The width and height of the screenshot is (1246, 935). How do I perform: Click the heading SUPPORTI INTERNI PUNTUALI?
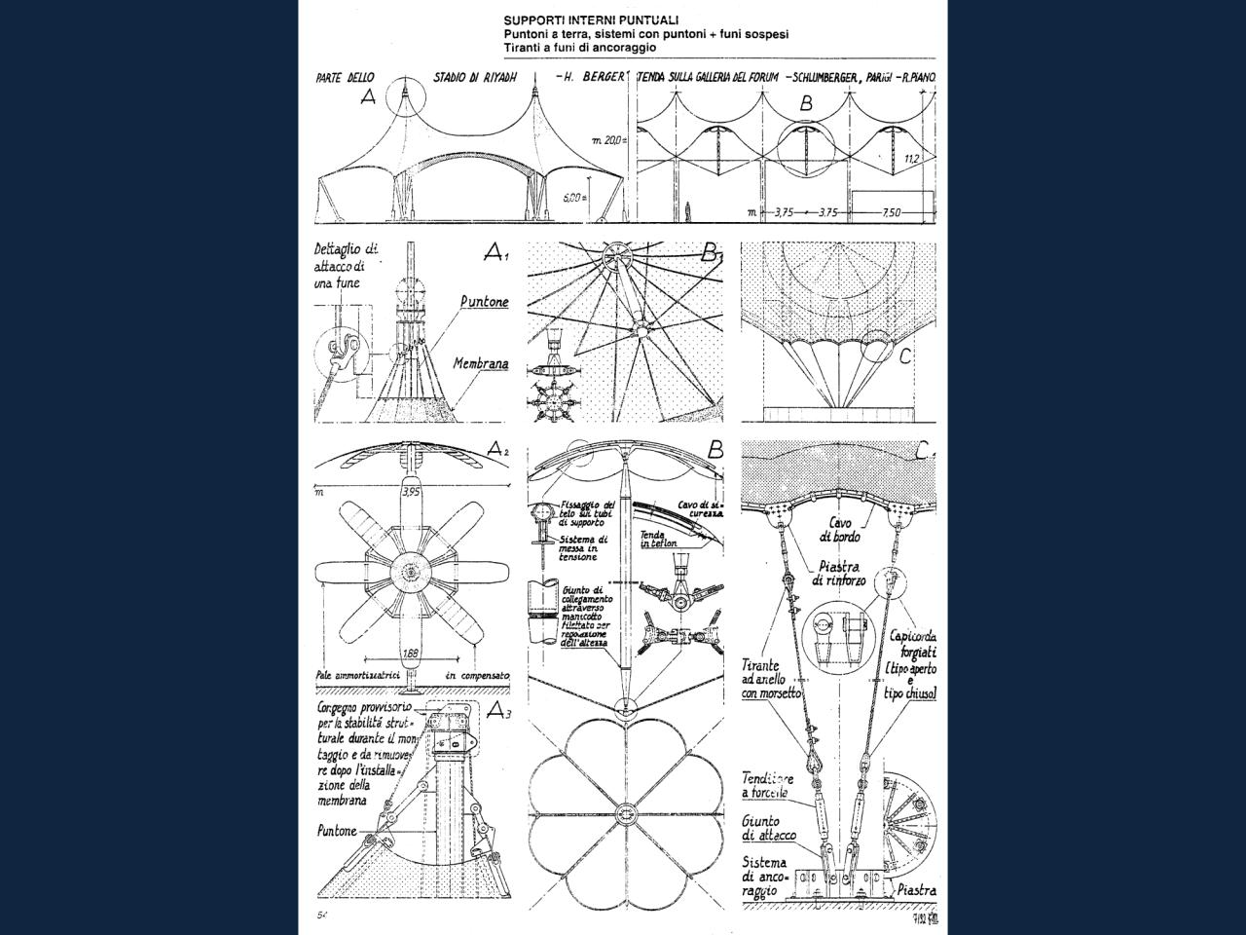click(591, 19)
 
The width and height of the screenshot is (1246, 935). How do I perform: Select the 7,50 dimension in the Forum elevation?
click(891, 213)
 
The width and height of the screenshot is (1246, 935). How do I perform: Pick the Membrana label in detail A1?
click(480, 364)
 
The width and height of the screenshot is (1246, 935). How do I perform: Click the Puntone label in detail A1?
click(484, 302)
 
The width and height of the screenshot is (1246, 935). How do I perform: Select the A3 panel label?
click(497, 709)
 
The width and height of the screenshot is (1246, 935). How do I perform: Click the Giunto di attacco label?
click(768, 829)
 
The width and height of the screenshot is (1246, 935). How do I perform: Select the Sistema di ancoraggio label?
click(764, 877)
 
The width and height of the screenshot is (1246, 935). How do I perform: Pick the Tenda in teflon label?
click(659, 539)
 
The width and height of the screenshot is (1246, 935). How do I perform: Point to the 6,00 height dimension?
click(574, 197)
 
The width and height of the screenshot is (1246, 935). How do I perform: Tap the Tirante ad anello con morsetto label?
click(771, 679)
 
